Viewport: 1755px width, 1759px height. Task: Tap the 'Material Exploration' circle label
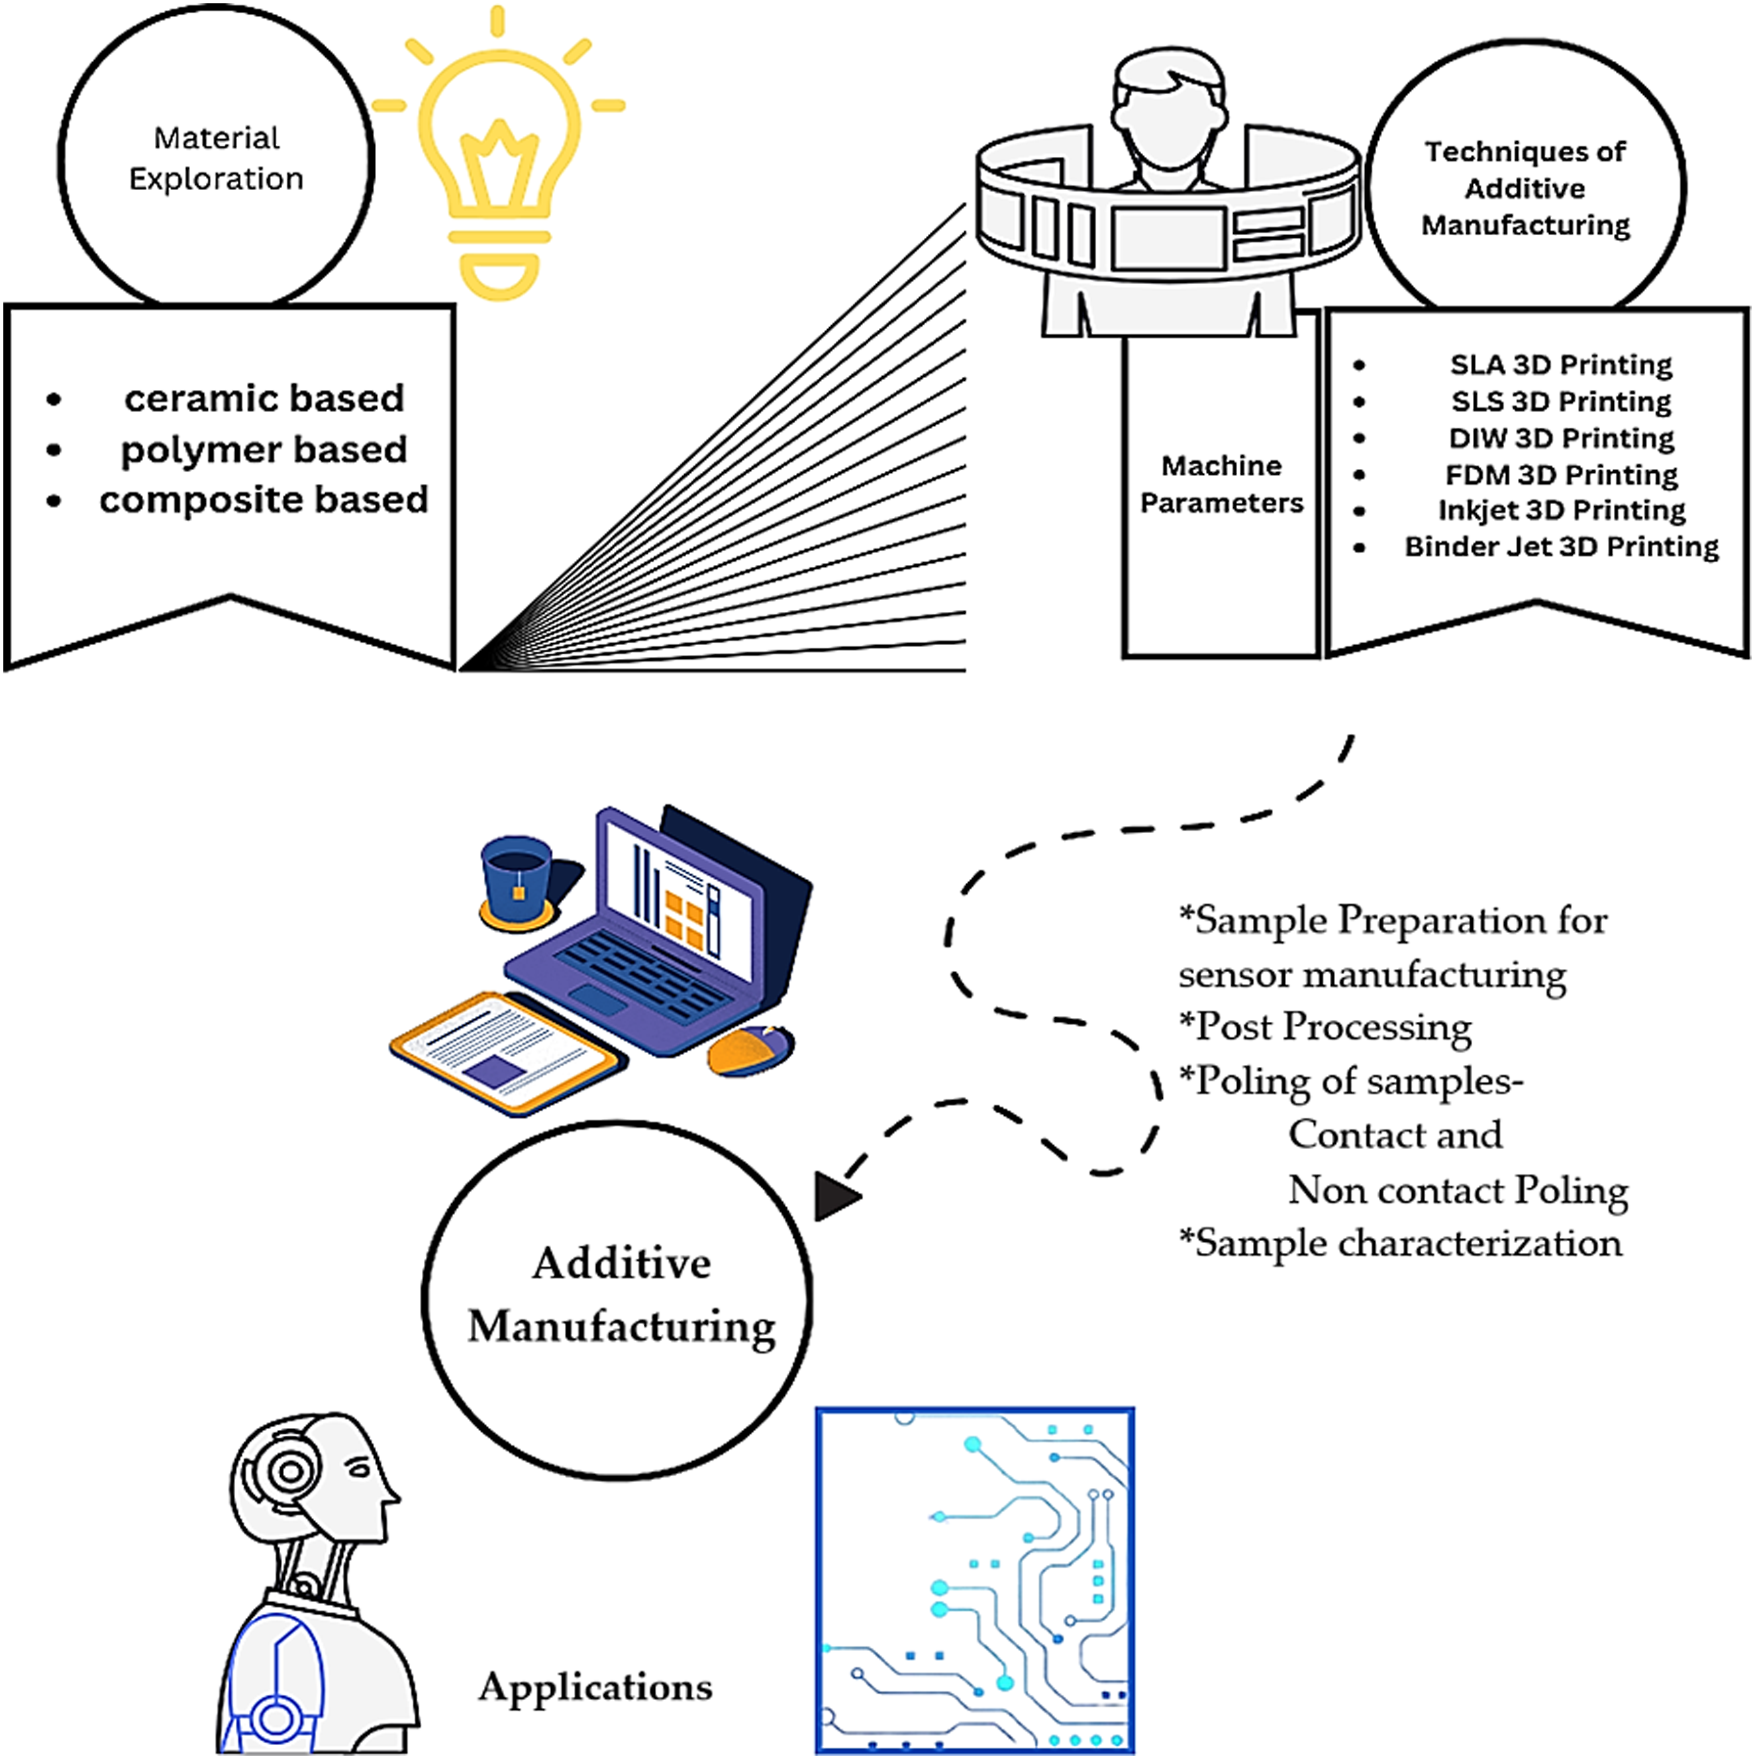coord(217,158)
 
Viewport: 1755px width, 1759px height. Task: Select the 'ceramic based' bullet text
coord(264,399)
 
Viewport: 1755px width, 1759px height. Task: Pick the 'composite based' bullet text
coord(264,500)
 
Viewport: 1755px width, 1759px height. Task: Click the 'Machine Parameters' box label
coord(1222,484)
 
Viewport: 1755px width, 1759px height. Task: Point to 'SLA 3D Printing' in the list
coord(1561,365)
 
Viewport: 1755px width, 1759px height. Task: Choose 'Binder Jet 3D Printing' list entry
coord(1561,546)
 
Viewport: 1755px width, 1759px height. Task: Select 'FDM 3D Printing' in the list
coord(1561,474)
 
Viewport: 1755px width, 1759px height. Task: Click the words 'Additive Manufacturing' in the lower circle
coord(622,1295)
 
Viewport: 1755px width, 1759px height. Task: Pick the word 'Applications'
coord(595,1687)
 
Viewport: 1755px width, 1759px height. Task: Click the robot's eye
coord(360,1468)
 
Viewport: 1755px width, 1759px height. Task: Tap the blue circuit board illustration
coord(976,1582)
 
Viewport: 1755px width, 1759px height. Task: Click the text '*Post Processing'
coord(1325,1027)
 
